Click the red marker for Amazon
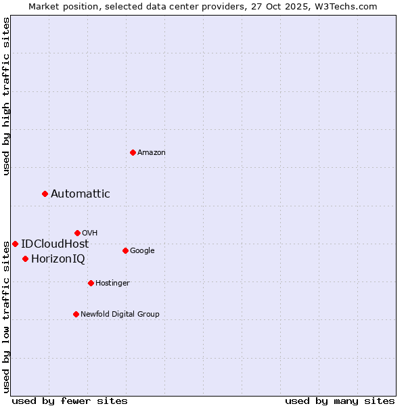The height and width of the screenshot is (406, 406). [133, 152]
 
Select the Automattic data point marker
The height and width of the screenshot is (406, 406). [45, 194]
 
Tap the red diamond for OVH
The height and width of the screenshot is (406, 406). [77, 233]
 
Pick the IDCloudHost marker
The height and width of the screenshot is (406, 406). [15, 244]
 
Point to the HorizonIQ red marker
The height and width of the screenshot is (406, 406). [25, 258]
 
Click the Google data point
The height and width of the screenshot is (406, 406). [125, 250]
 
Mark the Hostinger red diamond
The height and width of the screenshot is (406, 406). [91, 283]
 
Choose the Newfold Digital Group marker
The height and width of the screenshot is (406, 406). [76, 314]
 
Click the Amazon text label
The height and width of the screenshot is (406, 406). [152, 153]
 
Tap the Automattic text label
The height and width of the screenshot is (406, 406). [81, 194]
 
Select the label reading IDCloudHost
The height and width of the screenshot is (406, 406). [55, 244]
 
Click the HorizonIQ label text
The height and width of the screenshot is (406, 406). [58, 259]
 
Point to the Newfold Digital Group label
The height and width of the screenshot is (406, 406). [120, 315]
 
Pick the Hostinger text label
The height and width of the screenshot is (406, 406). [112, 284]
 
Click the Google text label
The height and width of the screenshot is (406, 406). [142, 251]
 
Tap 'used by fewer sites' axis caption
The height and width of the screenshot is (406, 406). [70, 401]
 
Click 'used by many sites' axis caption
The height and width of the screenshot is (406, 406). [340, 401]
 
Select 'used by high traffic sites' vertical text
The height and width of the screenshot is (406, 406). [6, 96]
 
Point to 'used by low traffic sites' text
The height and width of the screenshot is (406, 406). [6, 316]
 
